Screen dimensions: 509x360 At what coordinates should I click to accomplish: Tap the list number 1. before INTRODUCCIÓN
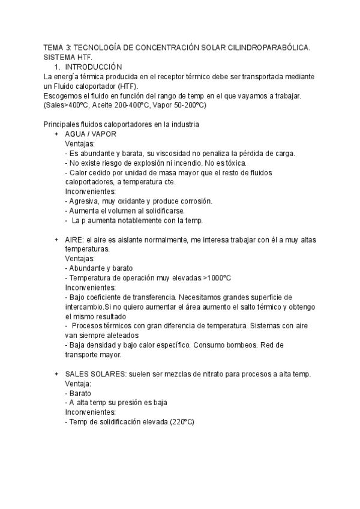pos(58,67)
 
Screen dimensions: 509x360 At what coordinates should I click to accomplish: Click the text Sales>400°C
pos(67,105)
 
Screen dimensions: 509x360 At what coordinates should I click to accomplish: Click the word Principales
pos(64,124)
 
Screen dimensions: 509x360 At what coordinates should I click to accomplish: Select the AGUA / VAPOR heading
pos(91,134)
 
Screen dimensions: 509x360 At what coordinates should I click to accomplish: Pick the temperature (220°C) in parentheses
pos(182,422)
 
